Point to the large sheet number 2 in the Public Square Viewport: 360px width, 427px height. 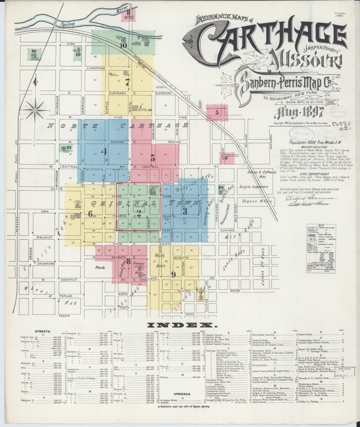139,213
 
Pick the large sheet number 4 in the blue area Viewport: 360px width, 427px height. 104,151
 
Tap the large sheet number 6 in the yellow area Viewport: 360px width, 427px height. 90,214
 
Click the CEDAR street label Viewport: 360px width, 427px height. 64,316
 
